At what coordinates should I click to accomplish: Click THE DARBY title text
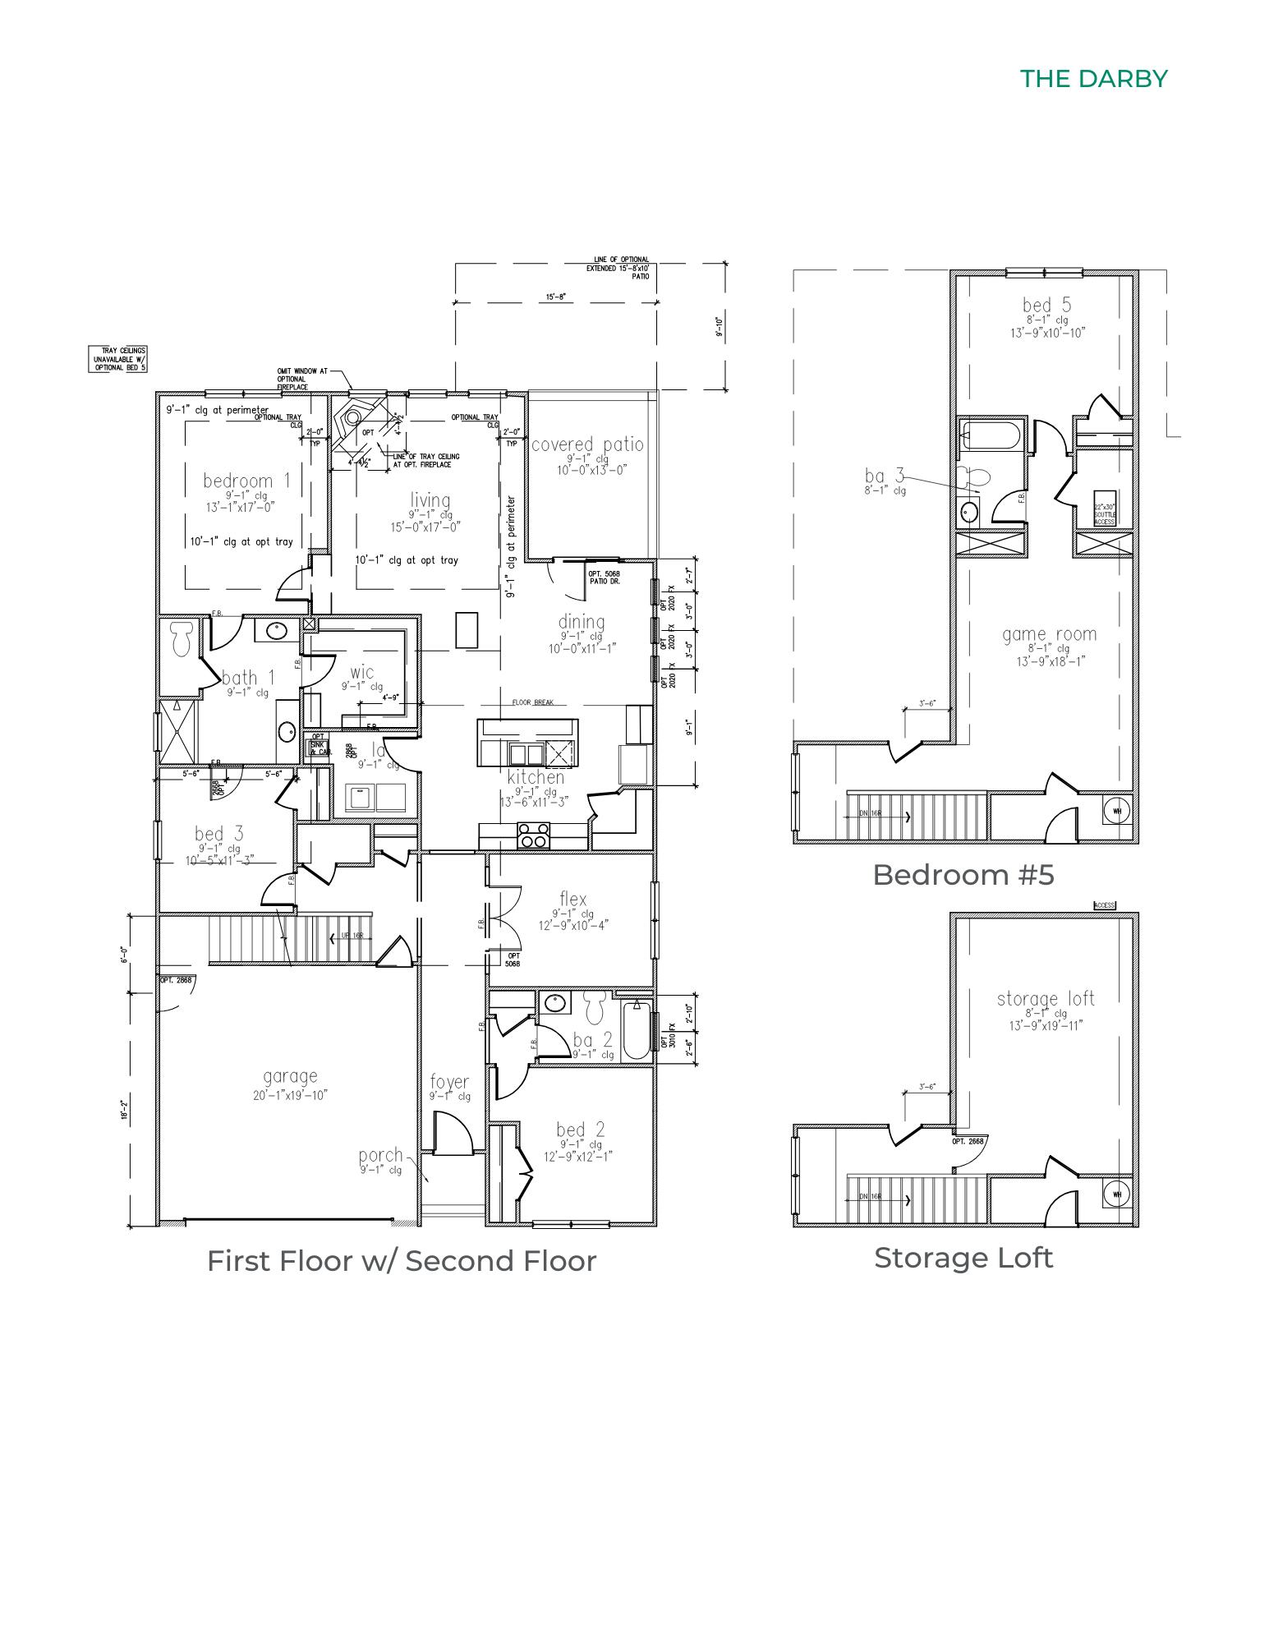pos(1093,79)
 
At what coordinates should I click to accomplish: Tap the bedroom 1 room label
pos(246,481)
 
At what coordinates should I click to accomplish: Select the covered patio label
pos(587,445)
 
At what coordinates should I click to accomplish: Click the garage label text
pos(290,1076)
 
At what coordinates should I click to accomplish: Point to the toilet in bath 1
pos(180,637)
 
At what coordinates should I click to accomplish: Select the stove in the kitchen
pos(533,835)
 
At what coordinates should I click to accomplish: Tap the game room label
pos(1049,634)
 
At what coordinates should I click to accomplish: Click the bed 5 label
pos(1046,306)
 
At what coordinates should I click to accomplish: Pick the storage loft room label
pos(1046,999)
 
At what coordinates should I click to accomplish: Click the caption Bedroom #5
pos(963,875)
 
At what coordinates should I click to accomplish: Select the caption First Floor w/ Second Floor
pos(401,1261)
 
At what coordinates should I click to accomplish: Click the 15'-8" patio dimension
pos(555,297)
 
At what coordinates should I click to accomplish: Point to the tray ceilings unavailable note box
pos(118,359)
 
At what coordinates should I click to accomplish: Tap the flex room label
pos(572,899)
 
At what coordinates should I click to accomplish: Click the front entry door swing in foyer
pos(452,1135)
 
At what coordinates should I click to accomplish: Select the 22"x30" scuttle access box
pos(1104,513)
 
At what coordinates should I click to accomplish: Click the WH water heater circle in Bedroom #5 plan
pos(1116,811)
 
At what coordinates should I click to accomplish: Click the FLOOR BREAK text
pos(533,702)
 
